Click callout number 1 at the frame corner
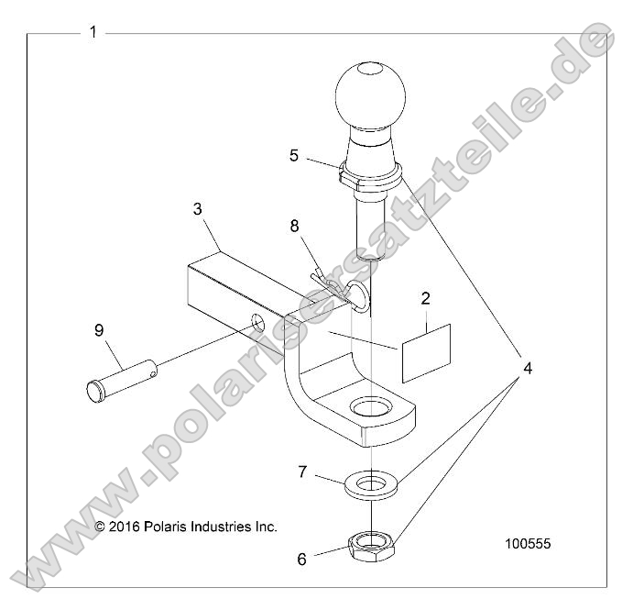click(93, 32)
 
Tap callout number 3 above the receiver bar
click(197, 209)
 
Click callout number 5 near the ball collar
click(294, 155)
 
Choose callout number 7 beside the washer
click(303, 471)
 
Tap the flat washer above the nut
click(372, 483)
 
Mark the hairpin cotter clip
click(332, 283)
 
